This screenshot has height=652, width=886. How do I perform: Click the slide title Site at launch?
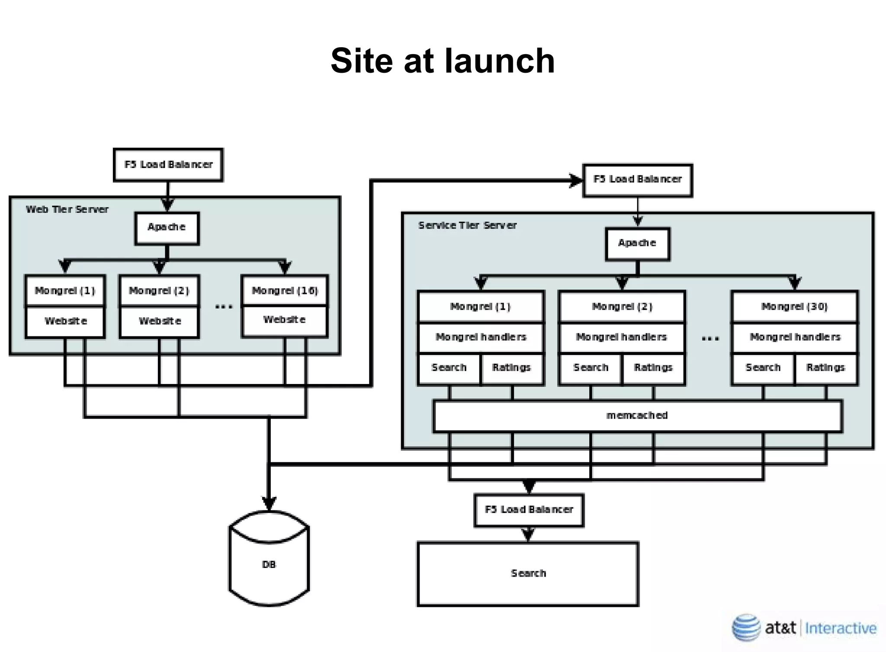(443, 61)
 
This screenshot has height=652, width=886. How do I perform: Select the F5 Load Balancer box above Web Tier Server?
(168, 165)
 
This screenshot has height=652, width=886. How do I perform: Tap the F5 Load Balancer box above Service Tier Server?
(637, 179)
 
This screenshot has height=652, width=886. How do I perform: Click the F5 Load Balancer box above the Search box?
(529, 510)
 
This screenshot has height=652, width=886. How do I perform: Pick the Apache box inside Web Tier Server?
(167, 227)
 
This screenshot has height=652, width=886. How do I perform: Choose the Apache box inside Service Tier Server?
(637, 243)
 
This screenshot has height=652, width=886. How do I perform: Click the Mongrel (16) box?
(285, 290)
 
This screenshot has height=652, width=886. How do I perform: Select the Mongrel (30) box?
(794, 307)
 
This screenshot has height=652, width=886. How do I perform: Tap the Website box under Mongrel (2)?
(160, 321)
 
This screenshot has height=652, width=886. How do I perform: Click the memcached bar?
(637, 416)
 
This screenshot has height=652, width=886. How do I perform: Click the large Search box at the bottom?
(528, 574)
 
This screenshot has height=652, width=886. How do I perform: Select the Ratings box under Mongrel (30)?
(825, 368)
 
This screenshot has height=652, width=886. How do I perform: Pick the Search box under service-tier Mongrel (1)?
(449, 368)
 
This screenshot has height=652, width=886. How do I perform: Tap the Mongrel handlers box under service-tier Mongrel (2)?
(622, 337)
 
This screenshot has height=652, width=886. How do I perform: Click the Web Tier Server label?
(67, 210)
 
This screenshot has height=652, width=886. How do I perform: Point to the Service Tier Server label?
(467, 226)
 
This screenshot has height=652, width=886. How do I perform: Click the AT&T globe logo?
(746, 627)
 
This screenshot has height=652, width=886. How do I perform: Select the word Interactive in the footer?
(841, 628)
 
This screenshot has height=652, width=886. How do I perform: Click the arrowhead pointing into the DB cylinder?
(269, 504)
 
